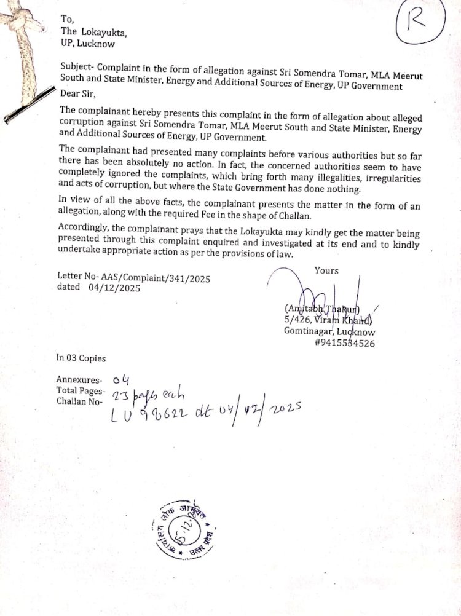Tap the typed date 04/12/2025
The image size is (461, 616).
114,287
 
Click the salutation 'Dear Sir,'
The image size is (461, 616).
79,94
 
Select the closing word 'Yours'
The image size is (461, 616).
326,270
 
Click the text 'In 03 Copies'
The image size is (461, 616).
81,358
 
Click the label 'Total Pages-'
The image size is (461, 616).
81,390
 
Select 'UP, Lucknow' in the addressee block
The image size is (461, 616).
87,44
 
